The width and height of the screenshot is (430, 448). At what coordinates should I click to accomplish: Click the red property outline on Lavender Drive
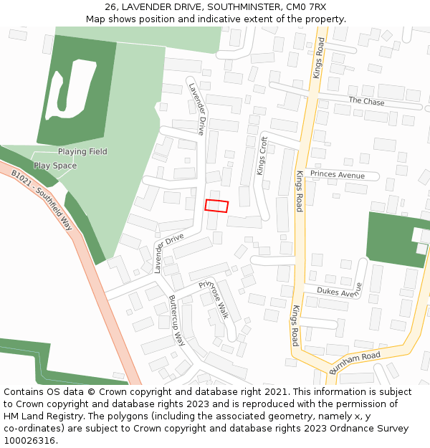[216, 206]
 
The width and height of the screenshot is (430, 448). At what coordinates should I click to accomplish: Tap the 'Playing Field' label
[82, 152]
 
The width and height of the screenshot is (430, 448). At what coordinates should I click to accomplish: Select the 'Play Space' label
[55, 166]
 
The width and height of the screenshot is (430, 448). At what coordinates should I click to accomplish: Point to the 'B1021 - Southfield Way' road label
[43, 199]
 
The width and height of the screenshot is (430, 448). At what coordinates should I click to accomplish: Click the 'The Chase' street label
[366, 102]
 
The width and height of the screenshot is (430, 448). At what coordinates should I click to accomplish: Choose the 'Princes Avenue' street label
[337, 175]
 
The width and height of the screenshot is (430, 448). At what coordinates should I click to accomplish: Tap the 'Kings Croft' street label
[262, 156]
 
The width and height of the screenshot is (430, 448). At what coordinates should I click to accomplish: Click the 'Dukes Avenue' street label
[339, 292]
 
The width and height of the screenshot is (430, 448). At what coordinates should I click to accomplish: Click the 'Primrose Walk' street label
[213, 300]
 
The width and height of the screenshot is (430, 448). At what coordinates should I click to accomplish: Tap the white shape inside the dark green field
[70, 90]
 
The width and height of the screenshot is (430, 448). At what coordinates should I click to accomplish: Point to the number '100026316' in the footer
[31, 441]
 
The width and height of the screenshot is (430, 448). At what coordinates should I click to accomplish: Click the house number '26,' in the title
[112, 7]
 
